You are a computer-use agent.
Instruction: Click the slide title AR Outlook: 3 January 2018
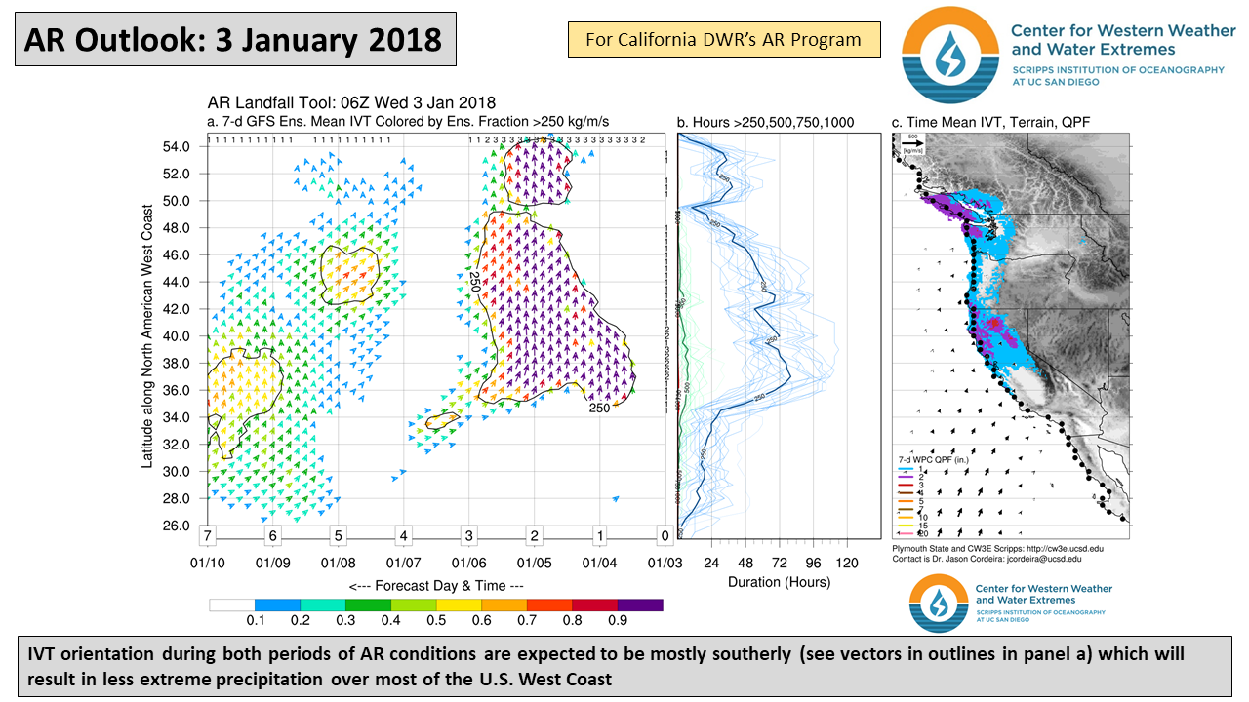point(233,39)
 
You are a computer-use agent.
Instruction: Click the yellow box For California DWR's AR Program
point(723,40)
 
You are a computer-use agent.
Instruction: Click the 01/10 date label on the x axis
point(208,564)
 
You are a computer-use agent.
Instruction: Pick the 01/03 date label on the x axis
point(665,564)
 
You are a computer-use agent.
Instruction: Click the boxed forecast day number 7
point(207,536)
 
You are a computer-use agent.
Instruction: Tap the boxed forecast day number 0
point(665,536)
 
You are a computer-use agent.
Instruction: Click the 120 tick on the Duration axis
point(847,563)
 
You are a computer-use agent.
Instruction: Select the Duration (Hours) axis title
point(779,582)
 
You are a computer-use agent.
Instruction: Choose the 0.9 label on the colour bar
point(617,620)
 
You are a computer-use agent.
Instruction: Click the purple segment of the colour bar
point(640,604)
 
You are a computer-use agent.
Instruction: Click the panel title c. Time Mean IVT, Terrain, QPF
point(990,122)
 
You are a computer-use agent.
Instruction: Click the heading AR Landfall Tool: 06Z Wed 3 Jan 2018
point(351,103)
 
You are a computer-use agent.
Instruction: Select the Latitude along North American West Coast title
point(148,336)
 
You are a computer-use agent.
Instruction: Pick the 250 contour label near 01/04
point(599,408)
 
